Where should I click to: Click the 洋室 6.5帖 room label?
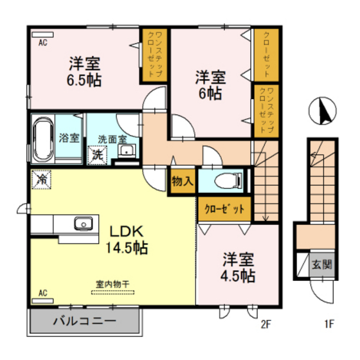tap(84, 72)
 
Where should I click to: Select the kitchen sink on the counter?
tap(82, 224)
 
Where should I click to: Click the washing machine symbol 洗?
tap(96, 154)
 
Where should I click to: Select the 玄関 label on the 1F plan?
tap(321, 264)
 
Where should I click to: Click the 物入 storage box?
tap(183, 181)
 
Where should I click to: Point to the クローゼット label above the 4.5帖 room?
tap(224, 208)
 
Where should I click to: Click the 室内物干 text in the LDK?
tap(113, 283)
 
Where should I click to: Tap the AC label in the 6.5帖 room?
tap(43, 43)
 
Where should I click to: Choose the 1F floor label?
tap(328, 323)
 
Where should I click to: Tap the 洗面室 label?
tap(111, 138)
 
